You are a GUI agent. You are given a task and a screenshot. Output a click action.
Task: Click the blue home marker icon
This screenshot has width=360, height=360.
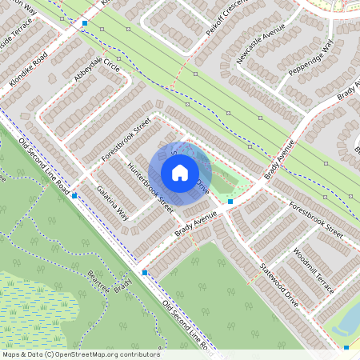click(x=180, y=172)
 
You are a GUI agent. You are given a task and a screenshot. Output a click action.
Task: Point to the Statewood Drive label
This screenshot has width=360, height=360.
click(x=278, y=286)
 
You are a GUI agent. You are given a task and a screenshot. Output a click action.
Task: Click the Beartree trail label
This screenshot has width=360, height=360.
click(x=98, y=281)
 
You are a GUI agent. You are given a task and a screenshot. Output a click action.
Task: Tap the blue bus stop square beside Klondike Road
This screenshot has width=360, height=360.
click(x=86, y=24)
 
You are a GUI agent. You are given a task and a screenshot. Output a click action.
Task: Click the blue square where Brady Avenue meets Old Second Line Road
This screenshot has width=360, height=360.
click(x=145, y=273)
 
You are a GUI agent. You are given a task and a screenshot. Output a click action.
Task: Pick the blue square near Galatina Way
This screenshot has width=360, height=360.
click(x=74, y=194)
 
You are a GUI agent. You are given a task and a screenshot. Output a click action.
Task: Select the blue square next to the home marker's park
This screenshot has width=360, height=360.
click(x=230, y=202)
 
